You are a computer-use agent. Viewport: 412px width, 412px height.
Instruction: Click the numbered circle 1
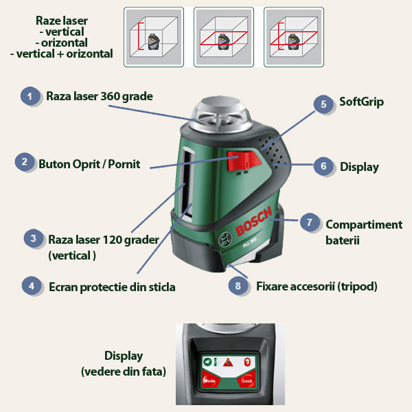30,95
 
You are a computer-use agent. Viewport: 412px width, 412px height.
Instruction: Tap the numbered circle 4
30,286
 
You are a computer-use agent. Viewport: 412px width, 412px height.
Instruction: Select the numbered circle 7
310,222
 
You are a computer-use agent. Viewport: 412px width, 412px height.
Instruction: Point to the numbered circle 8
238,285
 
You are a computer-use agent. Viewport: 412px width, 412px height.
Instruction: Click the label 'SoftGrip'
361,102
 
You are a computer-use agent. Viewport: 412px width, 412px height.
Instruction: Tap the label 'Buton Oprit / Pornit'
89,163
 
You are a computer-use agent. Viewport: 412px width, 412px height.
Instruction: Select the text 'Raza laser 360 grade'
99,95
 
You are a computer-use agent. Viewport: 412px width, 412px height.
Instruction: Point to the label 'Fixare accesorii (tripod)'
317,285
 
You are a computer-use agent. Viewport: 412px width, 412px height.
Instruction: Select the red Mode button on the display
209,380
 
